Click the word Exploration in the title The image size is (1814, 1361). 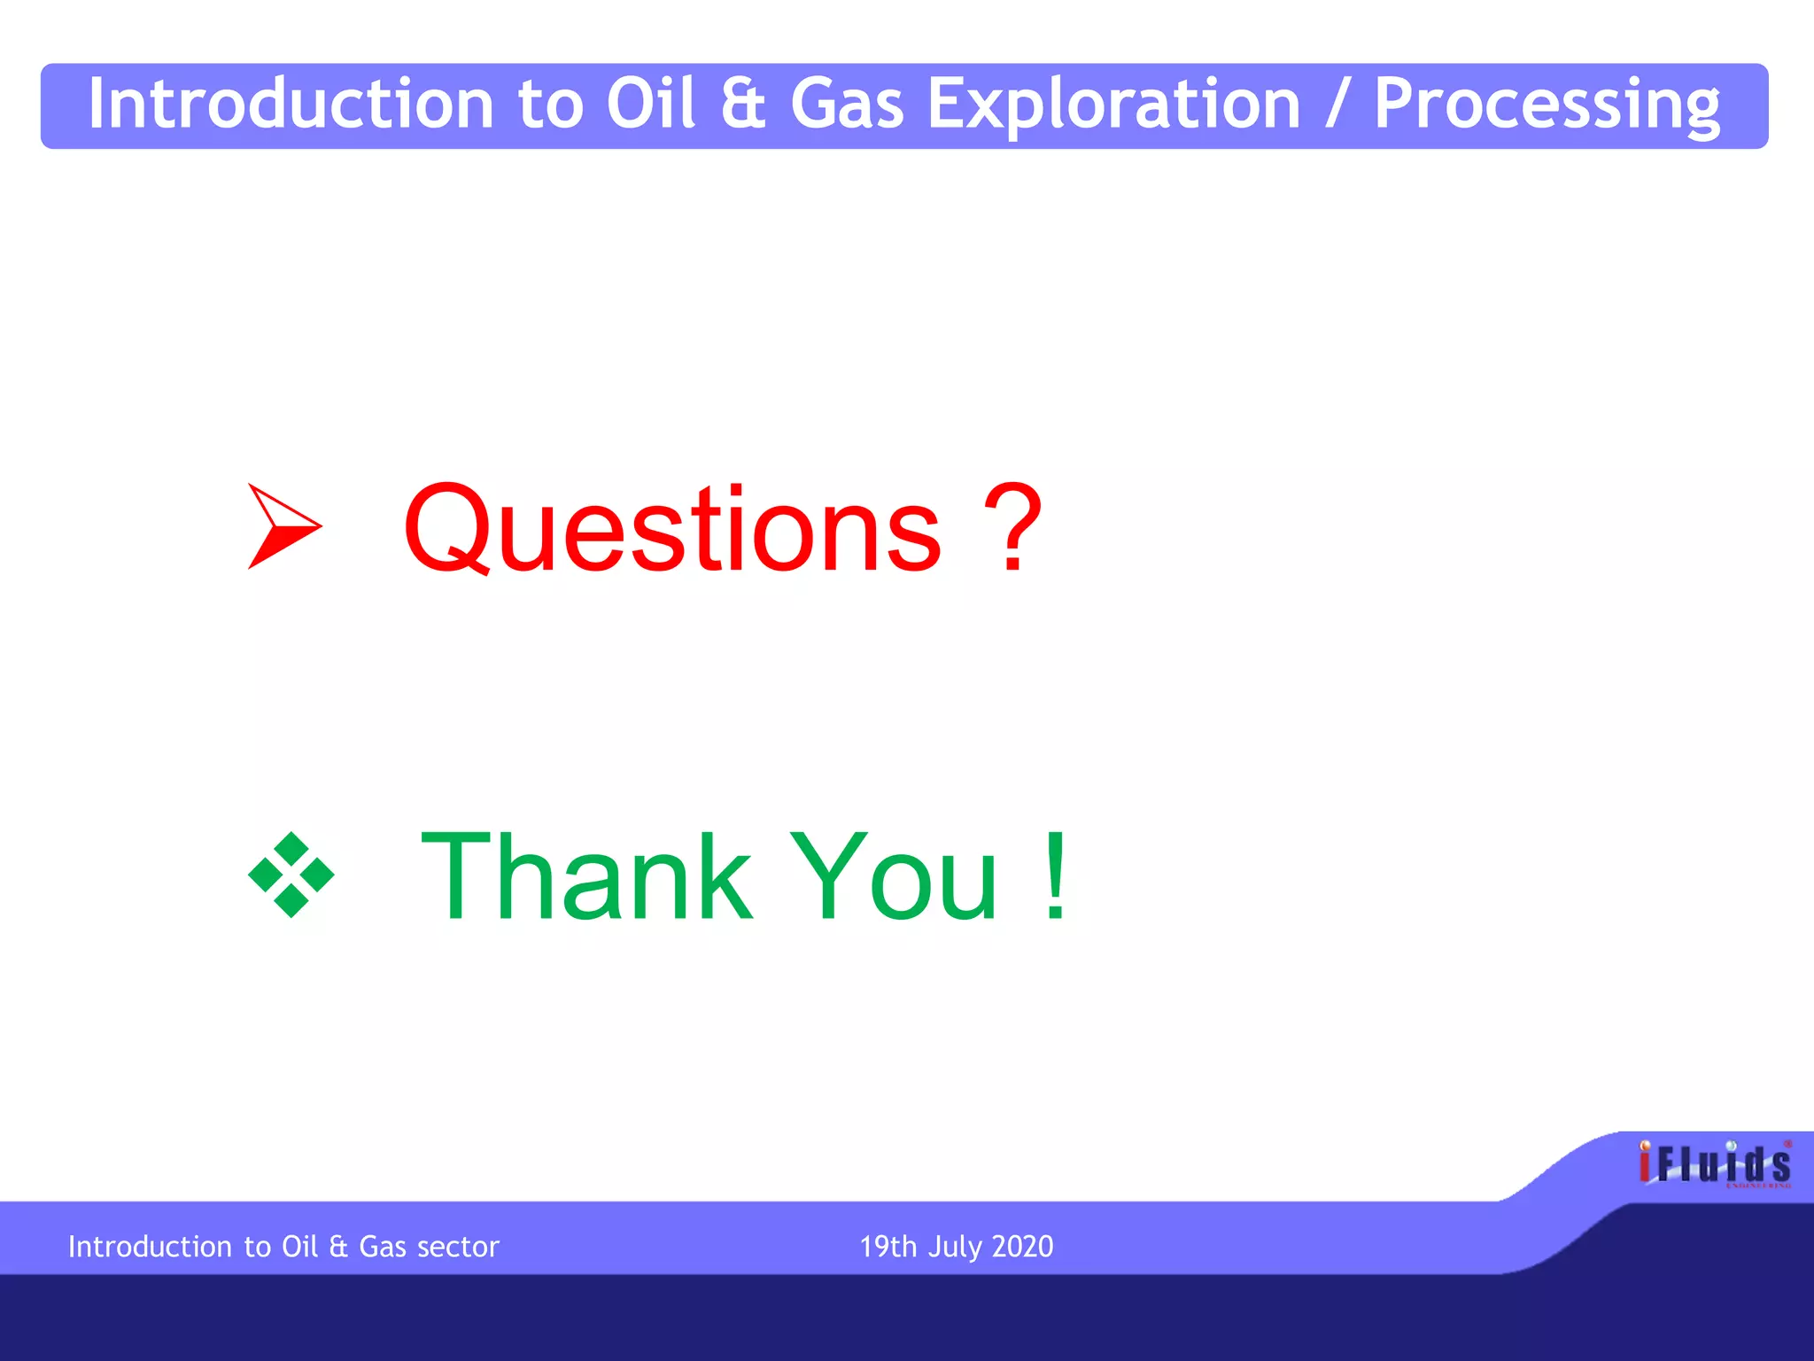pyautogui.click(x=1113, y=105)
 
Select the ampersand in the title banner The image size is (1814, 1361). pyautogui.click(x=742, y=105)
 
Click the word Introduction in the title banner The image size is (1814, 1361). pyautogui.click(x=291, y=105)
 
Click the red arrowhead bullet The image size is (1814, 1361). pyautogui.click(x=282, y=526)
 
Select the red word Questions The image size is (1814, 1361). pyautogui.click(x=672, y=529)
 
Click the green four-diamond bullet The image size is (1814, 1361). pyautogui.click(x=291, y=875)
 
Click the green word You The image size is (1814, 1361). pyautogui.click(x=895, y=876)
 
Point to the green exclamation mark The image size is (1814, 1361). pyautogui.click(x=1055, y=876)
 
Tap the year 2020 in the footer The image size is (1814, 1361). pyautogui.click(x=1022, y=1247)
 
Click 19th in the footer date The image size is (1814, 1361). pyautogui.click(x=888, y=1247)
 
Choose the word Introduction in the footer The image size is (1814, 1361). pyautogui.click(x=150, y=1247)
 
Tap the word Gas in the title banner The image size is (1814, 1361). pyautogui.click(x=846, y=105)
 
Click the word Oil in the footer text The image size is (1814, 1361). pyautogui.click(x=299, y=1247)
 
